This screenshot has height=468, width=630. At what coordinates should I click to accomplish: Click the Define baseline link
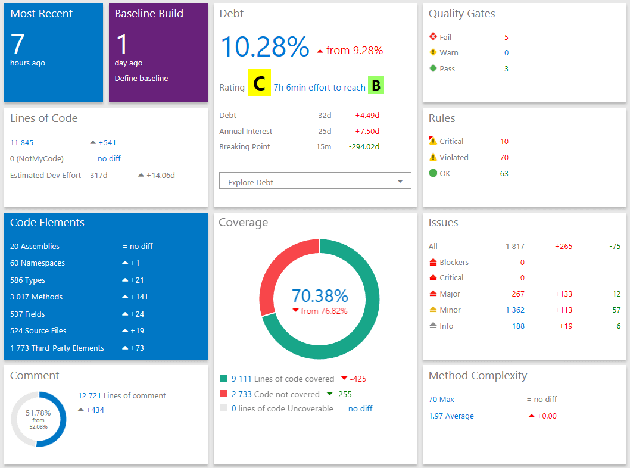tap(141, 78)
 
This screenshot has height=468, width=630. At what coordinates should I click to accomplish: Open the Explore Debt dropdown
tap(315, 182)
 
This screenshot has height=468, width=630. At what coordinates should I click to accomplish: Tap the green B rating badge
tap(376, 86)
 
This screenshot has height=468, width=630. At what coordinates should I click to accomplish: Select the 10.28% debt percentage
tap(265, 46)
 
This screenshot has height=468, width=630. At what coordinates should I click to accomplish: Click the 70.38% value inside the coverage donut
tap(320, 295)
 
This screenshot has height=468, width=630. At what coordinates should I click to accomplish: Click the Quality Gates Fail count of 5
tap(506, 37)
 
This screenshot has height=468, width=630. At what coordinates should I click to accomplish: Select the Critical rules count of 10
tap(504, 141)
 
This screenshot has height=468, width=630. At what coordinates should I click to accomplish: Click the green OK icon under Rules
tap(433, 173)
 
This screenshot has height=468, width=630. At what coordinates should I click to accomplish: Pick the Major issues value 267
tap(518, 294)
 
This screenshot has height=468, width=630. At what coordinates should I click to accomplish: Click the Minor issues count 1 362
tap(514, 310)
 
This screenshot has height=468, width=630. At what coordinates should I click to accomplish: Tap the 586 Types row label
tap(27, 280)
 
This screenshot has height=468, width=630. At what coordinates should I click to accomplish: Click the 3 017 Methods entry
tap(36, 297)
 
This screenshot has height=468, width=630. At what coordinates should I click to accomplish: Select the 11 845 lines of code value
tap(22, 142)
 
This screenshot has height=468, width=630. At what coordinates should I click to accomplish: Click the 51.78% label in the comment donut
tap(38, 413)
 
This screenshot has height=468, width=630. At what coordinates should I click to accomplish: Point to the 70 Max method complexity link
tap(441, 399)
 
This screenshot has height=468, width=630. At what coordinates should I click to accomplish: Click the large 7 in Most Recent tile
tap(18, 45)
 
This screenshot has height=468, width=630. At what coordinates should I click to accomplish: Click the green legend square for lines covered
tap(223, 378)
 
